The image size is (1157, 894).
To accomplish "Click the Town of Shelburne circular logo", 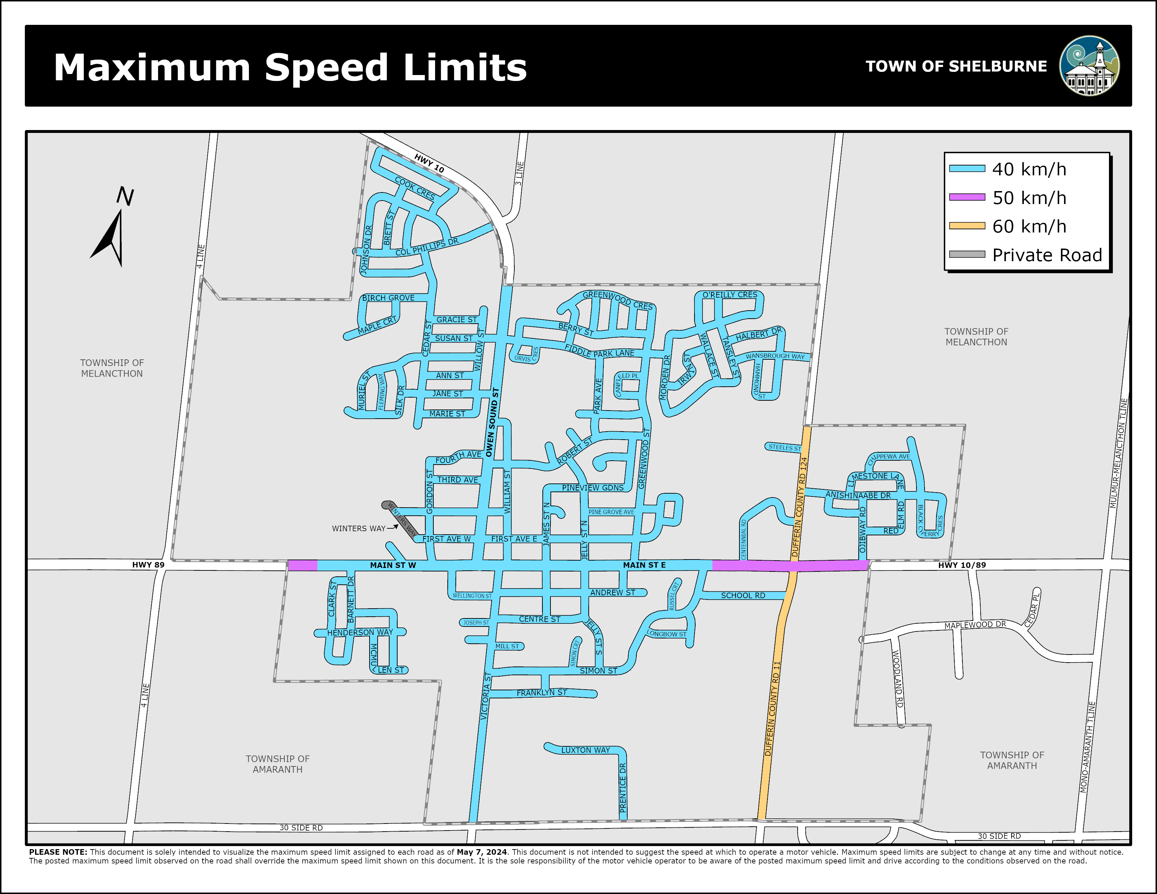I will [1089, 66].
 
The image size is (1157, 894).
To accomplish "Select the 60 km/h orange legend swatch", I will [967, 226].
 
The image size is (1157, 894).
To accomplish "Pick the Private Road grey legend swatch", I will [967, 255].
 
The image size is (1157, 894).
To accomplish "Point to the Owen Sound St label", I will [492, 422].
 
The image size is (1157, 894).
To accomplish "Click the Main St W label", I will [393, 565].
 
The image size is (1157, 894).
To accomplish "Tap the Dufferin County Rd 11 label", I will [772, 709].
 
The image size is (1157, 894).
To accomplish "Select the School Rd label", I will [743, 595].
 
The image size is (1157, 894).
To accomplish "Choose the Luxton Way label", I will [586, 750].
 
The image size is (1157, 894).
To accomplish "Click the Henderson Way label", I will [360, 632].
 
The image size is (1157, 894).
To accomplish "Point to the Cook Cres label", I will [415, 188].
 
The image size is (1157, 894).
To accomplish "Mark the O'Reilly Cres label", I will [730, 294].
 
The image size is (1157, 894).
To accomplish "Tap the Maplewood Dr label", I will [975, 625].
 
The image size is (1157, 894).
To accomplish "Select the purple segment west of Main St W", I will [303, 565].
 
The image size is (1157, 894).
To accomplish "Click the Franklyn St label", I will [541, 693].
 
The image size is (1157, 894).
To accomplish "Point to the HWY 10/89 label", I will [962, 565].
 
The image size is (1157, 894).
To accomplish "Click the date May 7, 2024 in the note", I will [481, 852].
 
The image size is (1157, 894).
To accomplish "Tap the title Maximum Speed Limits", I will [290, 67].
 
